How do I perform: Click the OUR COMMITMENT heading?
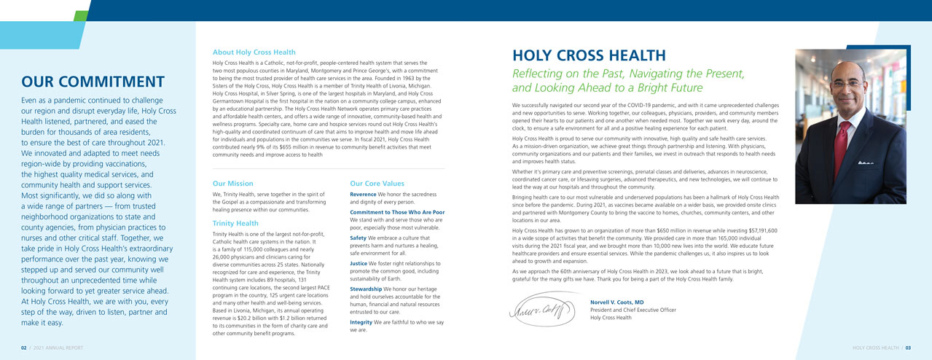[x=93, y=82]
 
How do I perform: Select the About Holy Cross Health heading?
[x=254, y=52]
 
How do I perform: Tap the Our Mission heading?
[x=232, y=184]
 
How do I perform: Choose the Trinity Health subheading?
[x=235, y=223]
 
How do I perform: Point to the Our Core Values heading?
[x=377, y=184]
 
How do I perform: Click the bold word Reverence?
[x=363, y=195]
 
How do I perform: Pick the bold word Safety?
[x=359, y=238]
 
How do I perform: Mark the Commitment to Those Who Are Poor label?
[x=397, y=212]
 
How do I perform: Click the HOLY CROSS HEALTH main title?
[x=589, y=56]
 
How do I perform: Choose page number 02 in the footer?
[x=24, y=348]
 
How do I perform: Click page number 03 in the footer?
[x=908, y=348]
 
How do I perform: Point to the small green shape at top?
[x=80, y=15]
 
